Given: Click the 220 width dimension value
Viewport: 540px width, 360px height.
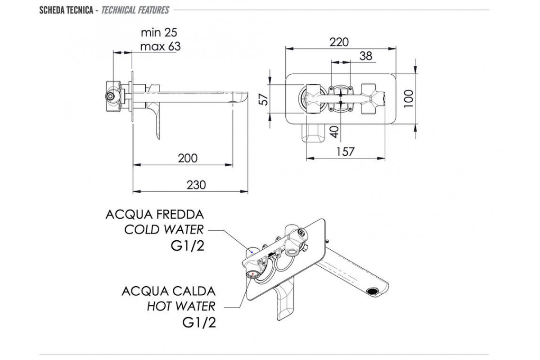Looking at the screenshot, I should [339, 42].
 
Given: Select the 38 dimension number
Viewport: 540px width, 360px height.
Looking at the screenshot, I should [366, 56].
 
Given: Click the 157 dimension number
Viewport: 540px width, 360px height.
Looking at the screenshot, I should [345, 152].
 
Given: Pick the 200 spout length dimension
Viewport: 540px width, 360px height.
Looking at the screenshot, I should [188, 158].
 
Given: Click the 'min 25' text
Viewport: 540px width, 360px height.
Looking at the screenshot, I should [159, 32].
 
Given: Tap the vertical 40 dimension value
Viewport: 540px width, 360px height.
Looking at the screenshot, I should [333, 132].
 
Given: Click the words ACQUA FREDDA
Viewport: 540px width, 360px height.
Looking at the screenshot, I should [155, 214].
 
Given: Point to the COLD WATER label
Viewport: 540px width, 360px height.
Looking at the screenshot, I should [164, 229].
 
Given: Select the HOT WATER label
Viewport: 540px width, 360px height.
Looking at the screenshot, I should [181, 306].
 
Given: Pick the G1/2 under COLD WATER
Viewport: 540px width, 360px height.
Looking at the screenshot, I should [185, 246].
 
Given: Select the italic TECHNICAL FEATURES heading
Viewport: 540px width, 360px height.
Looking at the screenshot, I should [135, 9].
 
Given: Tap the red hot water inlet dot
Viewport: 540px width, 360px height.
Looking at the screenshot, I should [253, 274].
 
